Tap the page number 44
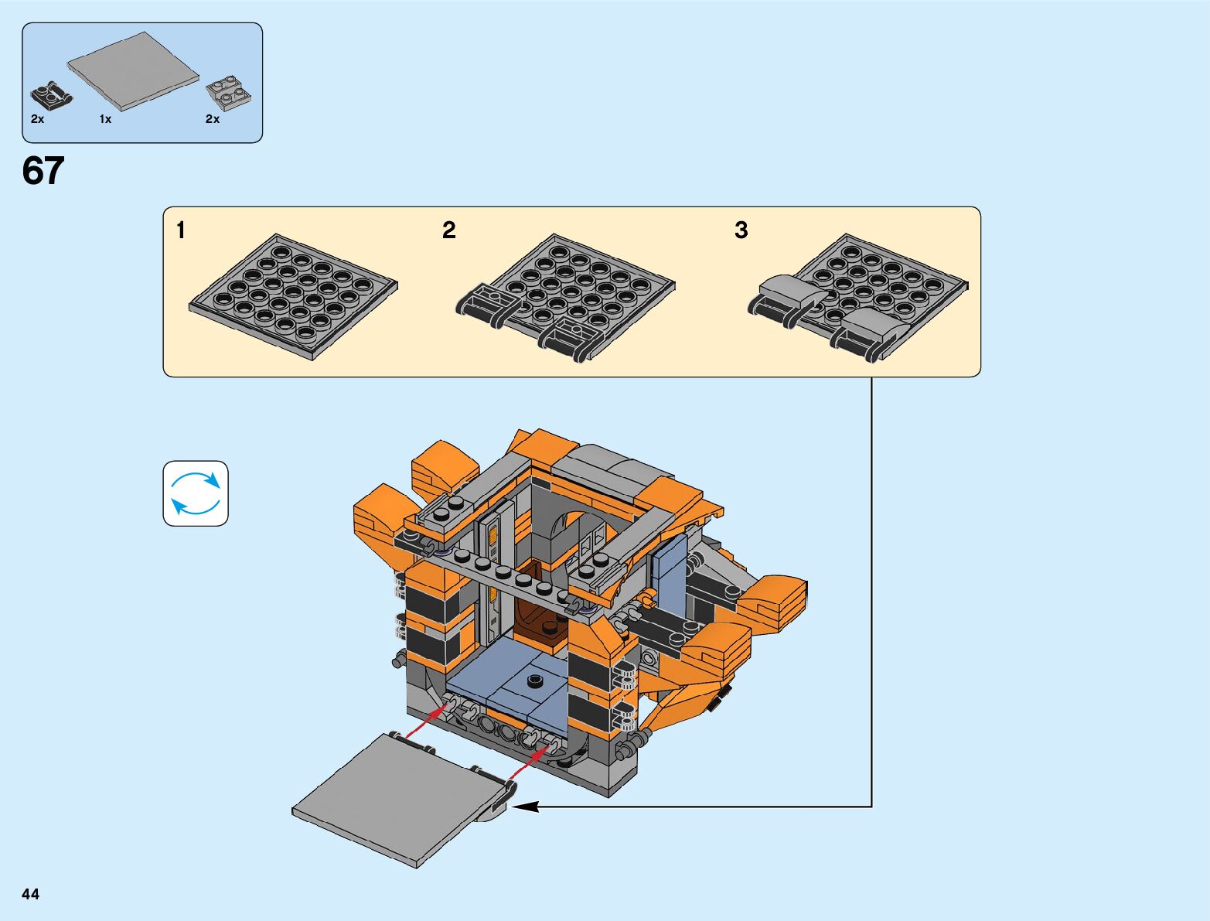(x=30, y=893)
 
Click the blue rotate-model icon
(x=196, y=493)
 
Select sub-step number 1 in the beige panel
(x=180, y=230)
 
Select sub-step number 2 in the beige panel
(x=449, y=230)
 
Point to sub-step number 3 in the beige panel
(x=741, y=230)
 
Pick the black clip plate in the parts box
(x=51, y=96)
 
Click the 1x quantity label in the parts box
(x=105, y=119)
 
